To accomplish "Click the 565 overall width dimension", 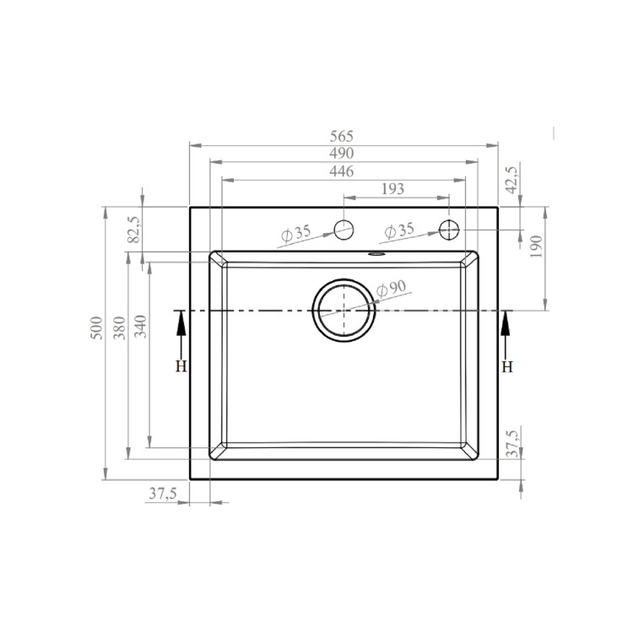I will pos(342,136).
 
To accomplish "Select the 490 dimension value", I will pos(342,153).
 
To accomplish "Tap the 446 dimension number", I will pos(342,171).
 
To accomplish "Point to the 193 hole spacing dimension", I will pos(393,189).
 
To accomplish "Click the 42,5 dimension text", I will pos(511,180).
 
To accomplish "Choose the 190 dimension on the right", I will pos(535,246).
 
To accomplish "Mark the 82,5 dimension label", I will pos(133,229).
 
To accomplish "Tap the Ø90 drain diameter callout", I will pos(392,288).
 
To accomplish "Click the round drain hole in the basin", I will pos(344,310).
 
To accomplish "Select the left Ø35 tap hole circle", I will pos(344,229).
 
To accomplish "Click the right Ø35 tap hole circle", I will pos(449,229).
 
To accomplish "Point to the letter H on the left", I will pos(179,366).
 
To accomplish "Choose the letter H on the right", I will pos(506,366).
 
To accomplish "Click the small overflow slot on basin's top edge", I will pos(376,252).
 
